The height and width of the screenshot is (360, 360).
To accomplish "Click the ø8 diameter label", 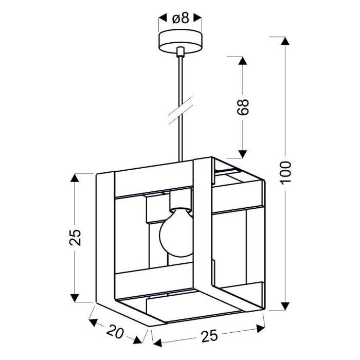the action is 181,18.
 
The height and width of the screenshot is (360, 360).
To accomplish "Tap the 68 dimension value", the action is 243,107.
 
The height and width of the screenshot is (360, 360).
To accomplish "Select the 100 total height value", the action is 285,173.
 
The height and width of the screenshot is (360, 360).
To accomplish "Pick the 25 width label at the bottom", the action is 209,336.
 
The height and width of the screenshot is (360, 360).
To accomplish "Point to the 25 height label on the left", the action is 75,238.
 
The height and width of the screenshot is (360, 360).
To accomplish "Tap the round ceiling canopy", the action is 181,42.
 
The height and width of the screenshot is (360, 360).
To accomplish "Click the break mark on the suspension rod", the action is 181,111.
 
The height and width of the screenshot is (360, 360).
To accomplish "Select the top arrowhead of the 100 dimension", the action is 285,41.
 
